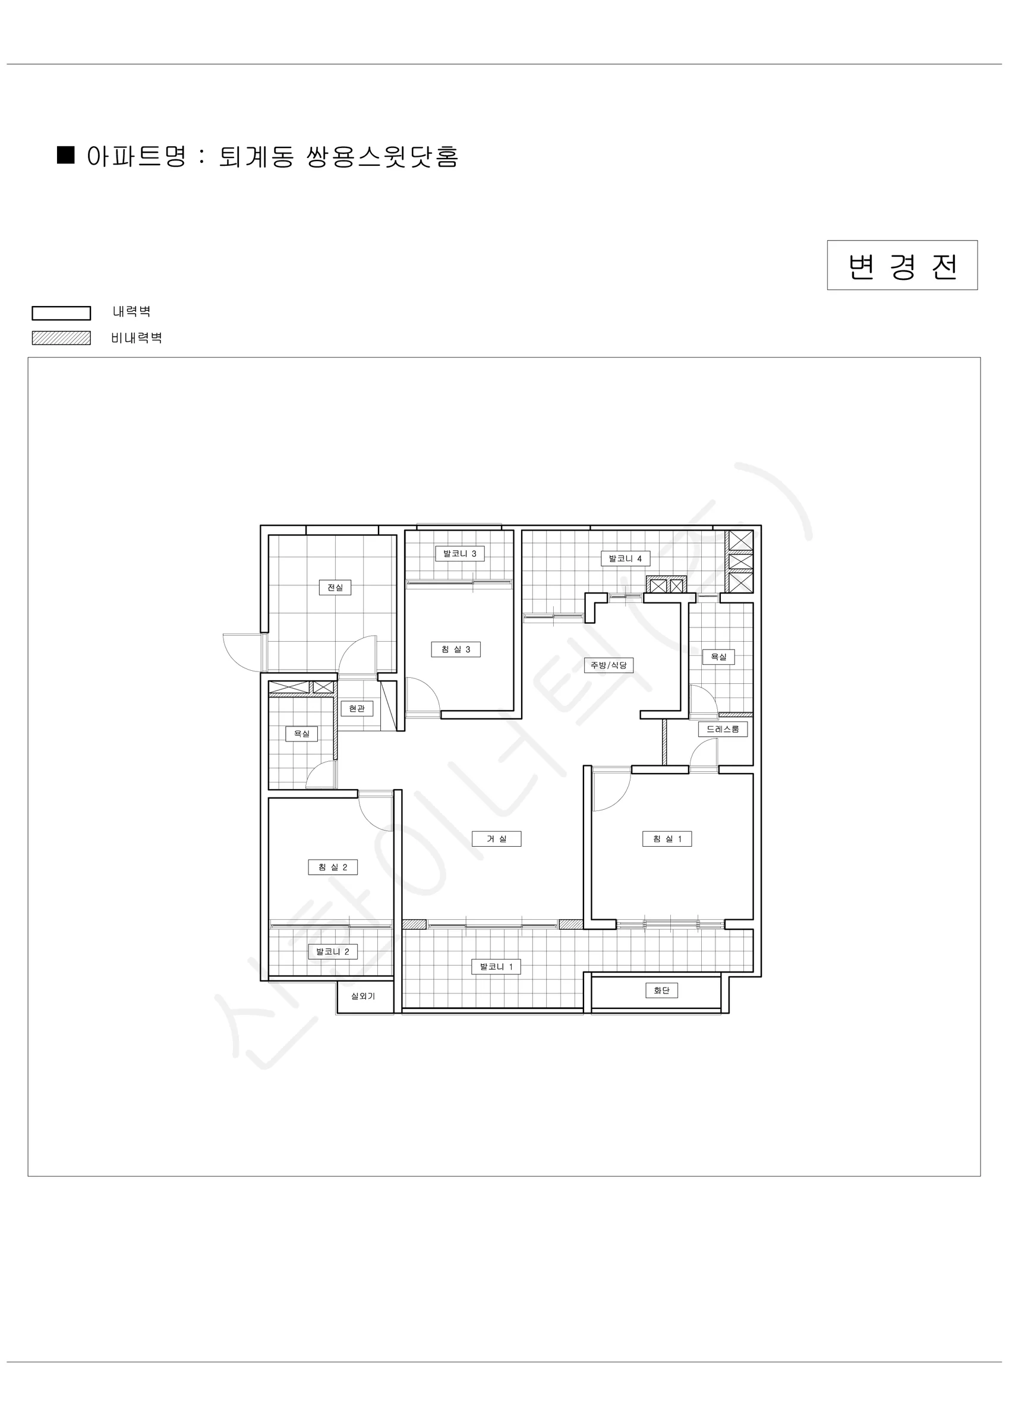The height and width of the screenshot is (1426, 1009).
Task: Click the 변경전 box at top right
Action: [x=902, y=265]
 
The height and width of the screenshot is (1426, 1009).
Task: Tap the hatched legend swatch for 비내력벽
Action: [x=62, y=338]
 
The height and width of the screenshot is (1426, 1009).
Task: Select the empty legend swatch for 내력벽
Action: [x=62, y=313]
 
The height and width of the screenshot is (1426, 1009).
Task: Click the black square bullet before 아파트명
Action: [x=66, y=154]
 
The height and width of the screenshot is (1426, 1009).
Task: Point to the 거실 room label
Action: [x=496, y=839]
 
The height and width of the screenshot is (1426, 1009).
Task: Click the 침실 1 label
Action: [x=667, y=839]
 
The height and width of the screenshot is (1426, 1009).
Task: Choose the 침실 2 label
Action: [x=333, y=867]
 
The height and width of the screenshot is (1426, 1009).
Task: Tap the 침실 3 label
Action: [x=456, y=649]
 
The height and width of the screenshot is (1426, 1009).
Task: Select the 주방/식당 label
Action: [x=609, y=665]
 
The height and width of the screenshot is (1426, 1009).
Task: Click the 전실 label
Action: [x=335, y=588]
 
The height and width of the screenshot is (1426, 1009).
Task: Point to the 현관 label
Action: [x=357, y=709]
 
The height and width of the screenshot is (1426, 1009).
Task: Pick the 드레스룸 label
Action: [x=723, y=729]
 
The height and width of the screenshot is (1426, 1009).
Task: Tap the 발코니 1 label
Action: [x=496, y=967]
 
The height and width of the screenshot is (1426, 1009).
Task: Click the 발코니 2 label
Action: [x=333, y=951]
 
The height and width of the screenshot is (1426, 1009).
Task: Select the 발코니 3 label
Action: [x=460, y=553]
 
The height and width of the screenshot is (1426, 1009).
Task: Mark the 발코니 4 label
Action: [x=625, y=559]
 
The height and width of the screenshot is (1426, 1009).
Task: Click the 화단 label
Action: [x=662, y=990]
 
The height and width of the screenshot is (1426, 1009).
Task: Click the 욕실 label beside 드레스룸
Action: [x=719, y=657]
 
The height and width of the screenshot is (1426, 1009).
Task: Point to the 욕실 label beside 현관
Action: [x=302, y=733]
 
